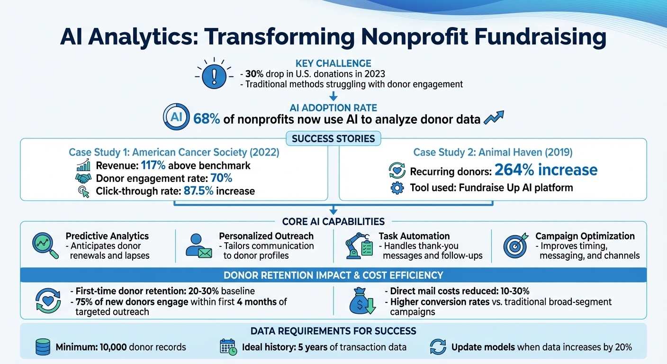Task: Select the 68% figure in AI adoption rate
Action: point(207,119)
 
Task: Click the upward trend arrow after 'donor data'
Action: point(494,117)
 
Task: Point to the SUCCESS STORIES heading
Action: point(333,139)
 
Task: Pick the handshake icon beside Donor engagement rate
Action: point(83,179)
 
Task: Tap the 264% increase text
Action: point(546,170)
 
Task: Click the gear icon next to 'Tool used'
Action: point(397,188)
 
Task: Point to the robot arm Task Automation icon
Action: point(356,246)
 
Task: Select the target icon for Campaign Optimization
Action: point(515,245)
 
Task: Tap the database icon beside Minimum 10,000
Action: point(43,347)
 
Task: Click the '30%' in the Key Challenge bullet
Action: point(254,74)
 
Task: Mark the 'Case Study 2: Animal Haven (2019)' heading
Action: point(493,152)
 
